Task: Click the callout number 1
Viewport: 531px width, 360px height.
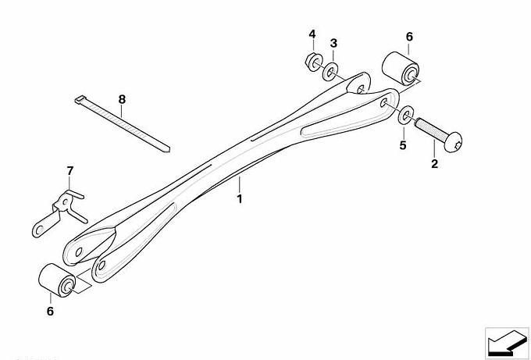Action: [x=240, y=199]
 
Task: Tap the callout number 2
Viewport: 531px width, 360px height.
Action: [x=434, y=164]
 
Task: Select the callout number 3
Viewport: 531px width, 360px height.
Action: [x=333, y=44]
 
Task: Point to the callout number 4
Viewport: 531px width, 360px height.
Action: [x=312, y=34]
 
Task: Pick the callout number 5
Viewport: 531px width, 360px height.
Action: [x=403, y=145]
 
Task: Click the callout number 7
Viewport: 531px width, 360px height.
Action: [x=70, y=171]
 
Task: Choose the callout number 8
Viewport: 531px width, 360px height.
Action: [x=122, y=100]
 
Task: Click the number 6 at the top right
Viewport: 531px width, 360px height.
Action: [x=409, y=37]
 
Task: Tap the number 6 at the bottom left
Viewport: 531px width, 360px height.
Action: [x=50, y=312]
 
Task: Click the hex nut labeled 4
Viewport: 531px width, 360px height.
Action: [x=314, y=62]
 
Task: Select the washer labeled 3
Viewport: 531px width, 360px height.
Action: [x=330, y=71]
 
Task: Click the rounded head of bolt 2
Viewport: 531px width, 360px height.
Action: [x=453, y=142]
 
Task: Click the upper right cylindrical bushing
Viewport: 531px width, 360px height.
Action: [x=401, y=69]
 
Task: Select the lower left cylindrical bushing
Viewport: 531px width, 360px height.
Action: [x=57, y=280]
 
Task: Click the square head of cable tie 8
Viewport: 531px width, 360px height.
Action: [x=79, y=99]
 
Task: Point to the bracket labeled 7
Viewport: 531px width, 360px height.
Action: [x=60, y=212]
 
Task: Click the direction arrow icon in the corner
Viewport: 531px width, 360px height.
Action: [x=507, y=343]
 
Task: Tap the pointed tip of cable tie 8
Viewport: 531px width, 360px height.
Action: [x=169, y=150]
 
